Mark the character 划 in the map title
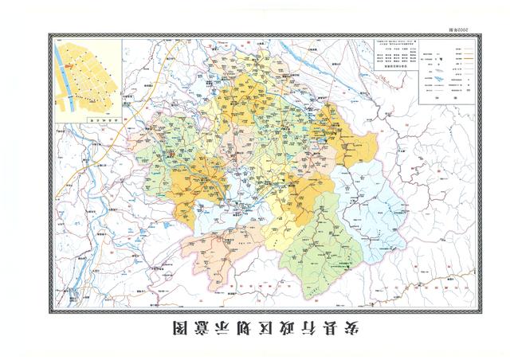(x=226, y=327)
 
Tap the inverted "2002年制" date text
(x=460, y=27)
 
